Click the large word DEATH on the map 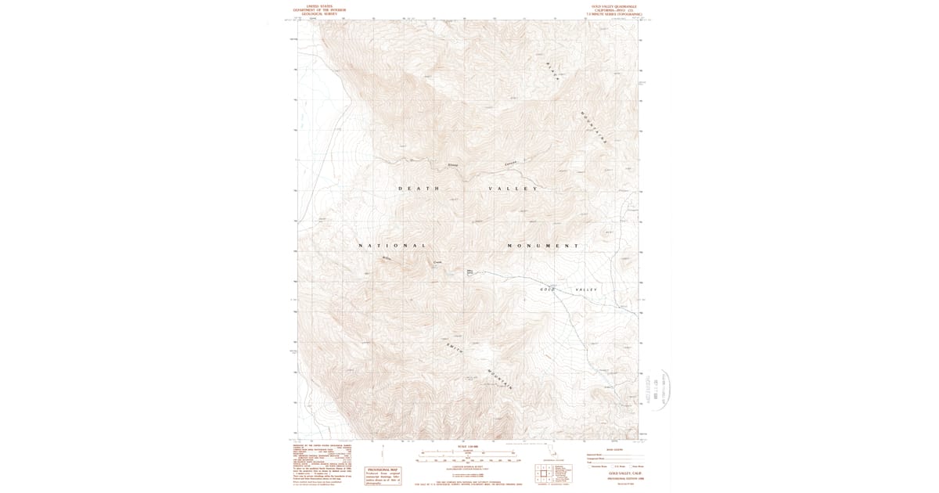(419, 189)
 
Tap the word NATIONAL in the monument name (392, 246)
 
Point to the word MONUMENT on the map (542, 246)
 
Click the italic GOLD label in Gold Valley (548, 290)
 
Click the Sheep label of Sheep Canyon (452, 165)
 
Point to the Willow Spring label (470, 273)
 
